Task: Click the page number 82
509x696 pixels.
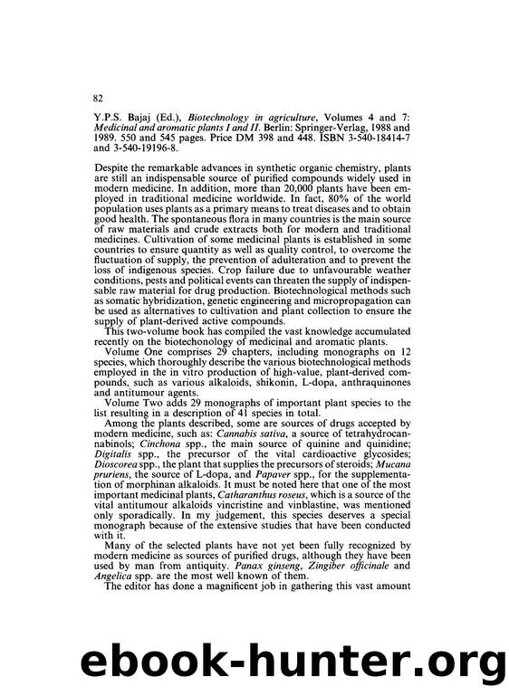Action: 100,96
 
